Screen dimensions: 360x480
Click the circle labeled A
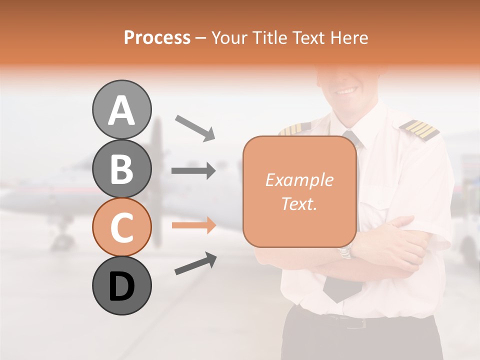(x=121, y=109)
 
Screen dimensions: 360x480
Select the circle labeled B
(x=121, y=168)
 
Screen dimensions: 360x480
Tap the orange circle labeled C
(x=121, y=227)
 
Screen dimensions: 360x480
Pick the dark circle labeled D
(x=121, y=285)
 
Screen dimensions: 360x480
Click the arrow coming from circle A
(x=194, y=127)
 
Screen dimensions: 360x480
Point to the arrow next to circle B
(x=193, y=171)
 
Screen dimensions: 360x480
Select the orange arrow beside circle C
(x=193, y=225)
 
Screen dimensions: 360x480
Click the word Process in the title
(x=157, y=37)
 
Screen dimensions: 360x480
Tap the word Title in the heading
(x=270, y=37)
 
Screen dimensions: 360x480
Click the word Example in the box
(x=299, y=180)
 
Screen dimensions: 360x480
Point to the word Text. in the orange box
(x=299, y=203)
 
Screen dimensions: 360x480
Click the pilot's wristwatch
(x=345, y=251)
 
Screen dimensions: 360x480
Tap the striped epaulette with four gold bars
(x=419, y=129)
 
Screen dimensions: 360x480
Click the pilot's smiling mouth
(x=346, y=91)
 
